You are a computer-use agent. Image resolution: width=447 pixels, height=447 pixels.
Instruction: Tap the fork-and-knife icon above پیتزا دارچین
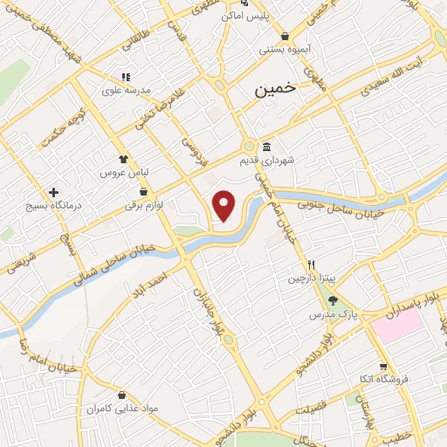tap(310, 264)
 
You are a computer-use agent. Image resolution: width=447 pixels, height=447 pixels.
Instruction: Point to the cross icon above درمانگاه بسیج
tap(54, 191)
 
